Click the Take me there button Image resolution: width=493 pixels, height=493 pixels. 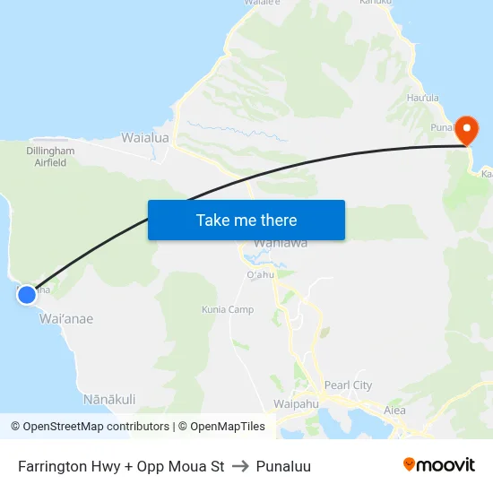(x=246, y=220)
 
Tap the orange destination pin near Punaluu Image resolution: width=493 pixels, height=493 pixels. (x=466, y=130)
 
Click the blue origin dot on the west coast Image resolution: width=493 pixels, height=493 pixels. (x=27, y=294)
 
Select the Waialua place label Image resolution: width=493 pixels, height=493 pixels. (x=146, y=139)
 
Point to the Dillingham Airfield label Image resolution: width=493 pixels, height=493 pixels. (x=55, y=157)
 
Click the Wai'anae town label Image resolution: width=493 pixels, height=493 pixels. (x=66, y=318)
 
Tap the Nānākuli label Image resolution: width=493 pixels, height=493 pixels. (x=109, y=399)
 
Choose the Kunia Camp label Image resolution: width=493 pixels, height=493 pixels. (x=228, y=310)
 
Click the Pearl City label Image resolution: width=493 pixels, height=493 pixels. (x=348, y=385)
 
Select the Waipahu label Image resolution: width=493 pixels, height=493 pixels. (x=296, y=404)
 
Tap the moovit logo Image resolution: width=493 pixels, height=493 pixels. (x=438, y=465)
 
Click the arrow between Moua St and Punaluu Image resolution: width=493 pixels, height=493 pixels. (x=240, y=466)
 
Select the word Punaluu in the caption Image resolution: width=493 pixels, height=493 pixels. (x=283, y=466)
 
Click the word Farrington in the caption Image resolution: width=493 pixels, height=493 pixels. (x=51, y=466)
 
